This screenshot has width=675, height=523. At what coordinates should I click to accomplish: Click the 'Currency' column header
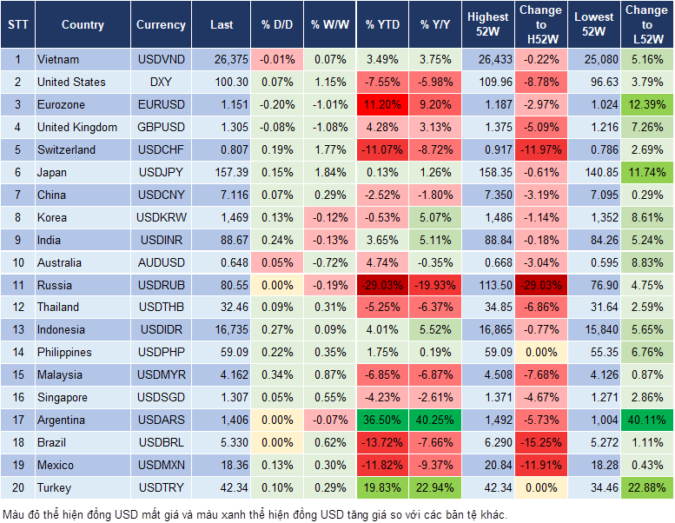(161, 25)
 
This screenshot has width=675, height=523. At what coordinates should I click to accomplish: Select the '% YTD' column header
(382, 25)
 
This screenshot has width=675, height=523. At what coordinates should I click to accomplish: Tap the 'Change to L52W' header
(646, 25)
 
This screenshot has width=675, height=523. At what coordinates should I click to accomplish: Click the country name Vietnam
(58, 60)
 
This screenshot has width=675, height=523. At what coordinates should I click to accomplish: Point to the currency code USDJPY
(161, 172)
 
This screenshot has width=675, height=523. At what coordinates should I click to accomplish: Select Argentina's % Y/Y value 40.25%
(436, 420)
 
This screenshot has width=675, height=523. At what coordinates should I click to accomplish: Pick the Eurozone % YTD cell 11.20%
(382, 105)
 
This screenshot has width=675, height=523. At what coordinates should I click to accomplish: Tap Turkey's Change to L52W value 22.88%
(646, 487)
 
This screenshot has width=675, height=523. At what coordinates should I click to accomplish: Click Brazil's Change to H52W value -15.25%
(540, 442)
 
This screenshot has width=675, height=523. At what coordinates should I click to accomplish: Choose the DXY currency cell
(161, 83)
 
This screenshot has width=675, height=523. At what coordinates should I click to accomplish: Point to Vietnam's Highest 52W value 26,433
(488, 60)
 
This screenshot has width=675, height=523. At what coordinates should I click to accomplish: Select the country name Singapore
(63, 397)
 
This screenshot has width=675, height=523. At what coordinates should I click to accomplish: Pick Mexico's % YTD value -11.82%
(382, 465)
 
